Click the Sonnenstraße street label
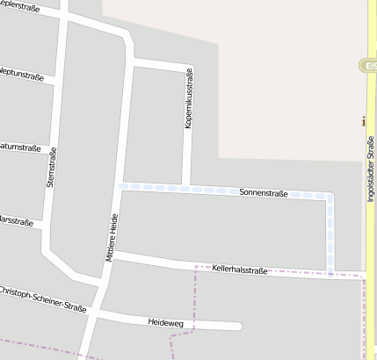coord(264,191)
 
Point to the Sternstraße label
coord(52,168)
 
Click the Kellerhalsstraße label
coord(239,270)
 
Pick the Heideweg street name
coord(166,321)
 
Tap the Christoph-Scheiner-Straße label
coord(41,296)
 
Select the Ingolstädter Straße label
coord(371,169)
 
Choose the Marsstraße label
coord(15,220)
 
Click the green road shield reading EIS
coord(368,66)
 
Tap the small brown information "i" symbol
coord(364,122)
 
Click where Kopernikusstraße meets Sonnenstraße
coord(185,187)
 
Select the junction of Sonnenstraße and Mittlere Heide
coord(121,185)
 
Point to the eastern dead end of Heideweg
coord(238,327)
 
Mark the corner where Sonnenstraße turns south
coord(330,197)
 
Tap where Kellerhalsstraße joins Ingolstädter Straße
coord(365,276)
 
